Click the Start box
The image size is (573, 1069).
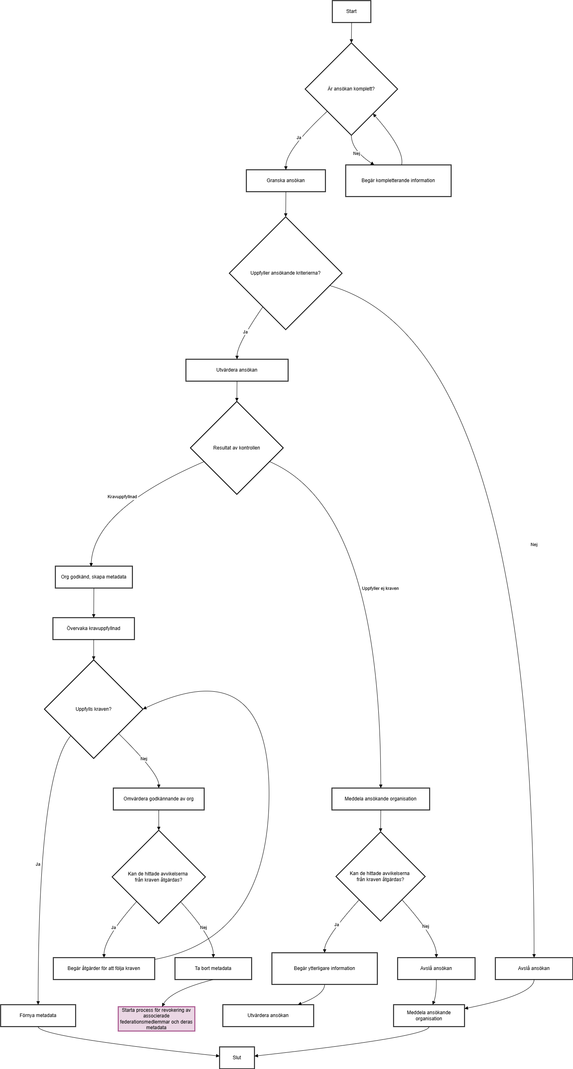point(351,11)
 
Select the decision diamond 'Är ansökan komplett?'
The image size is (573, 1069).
point(351,89)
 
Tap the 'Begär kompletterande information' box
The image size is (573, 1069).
point(398,181)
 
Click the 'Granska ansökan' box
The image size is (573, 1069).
point(285,181)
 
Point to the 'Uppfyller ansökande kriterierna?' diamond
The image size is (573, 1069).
point(285,273)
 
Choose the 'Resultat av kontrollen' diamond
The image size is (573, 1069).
point(236,448)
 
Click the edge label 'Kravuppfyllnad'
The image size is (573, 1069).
point(122,497)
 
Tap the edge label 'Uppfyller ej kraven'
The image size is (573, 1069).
point(380,588)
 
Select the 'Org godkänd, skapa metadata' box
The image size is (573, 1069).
point(94,577)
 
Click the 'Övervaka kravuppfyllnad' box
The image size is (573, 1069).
point(93,628)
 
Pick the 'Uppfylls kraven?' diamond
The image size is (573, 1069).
point(93,709)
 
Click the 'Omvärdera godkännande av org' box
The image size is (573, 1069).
point(159,799)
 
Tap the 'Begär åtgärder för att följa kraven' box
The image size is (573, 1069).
point(104,968)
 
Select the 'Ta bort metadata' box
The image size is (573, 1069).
point(213,968)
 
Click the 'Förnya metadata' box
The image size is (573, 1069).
point(38,1015)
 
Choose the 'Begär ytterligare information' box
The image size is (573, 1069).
point(324,968)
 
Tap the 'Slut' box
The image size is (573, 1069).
point(236,1057)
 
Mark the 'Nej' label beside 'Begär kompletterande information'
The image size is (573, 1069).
point(356,153)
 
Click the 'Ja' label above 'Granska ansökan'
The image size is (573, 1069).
point(299,138)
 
